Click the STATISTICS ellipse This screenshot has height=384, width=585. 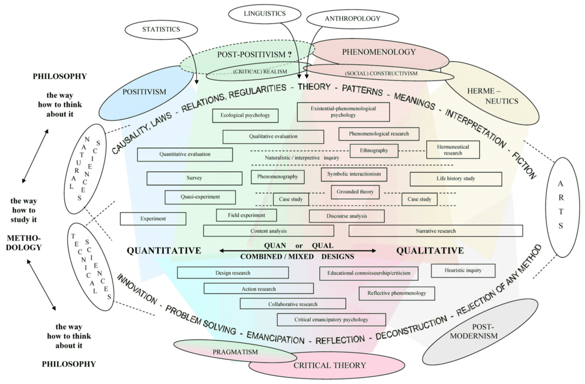[162, 29]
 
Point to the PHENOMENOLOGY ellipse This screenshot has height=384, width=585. [379, 52]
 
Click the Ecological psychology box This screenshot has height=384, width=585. [245, 115]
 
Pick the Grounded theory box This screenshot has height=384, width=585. [355, 192]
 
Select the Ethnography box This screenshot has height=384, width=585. [374, 151]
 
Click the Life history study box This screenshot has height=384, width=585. [455, 179]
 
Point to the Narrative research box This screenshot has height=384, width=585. [435, 231]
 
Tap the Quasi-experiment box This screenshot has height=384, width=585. [200, 197]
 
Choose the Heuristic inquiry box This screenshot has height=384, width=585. [463, 270]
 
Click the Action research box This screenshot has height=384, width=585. [258, 289]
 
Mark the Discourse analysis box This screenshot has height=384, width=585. [347, 216]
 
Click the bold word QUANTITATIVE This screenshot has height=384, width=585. [164, 250]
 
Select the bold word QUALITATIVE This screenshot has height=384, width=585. [430, 250]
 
